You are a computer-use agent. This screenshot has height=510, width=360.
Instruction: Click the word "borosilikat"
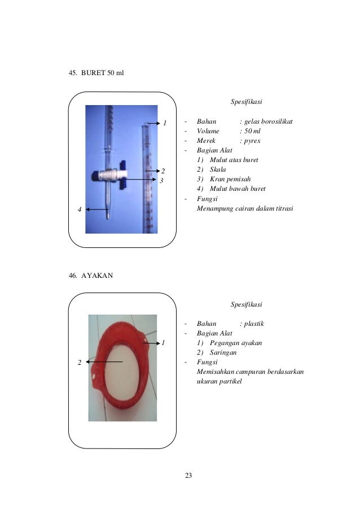[276, 121]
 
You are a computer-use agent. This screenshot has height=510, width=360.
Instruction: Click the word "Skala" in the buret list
[218, 169]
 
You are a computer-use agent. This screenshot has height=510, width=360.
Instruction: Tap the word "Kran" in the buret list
[217, 179]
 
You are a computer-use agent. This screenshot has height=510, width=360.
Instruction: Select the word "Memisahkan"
[216, 372]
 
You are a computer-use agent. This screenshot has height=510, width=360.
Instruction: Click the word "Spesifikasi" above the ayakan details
[247, 304]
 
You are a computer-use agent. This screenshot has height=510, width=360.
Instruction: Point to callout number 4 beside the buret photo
[80, 210]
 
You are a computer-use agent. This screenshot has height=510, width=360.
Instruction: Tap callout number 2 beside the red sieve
[80, 363]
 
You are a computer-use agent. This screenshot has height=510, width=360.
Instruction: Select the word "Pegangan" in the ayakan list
[222, 343]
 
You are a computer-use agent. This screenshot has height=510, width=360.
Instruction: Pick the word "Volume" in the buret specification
[208, 131]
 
